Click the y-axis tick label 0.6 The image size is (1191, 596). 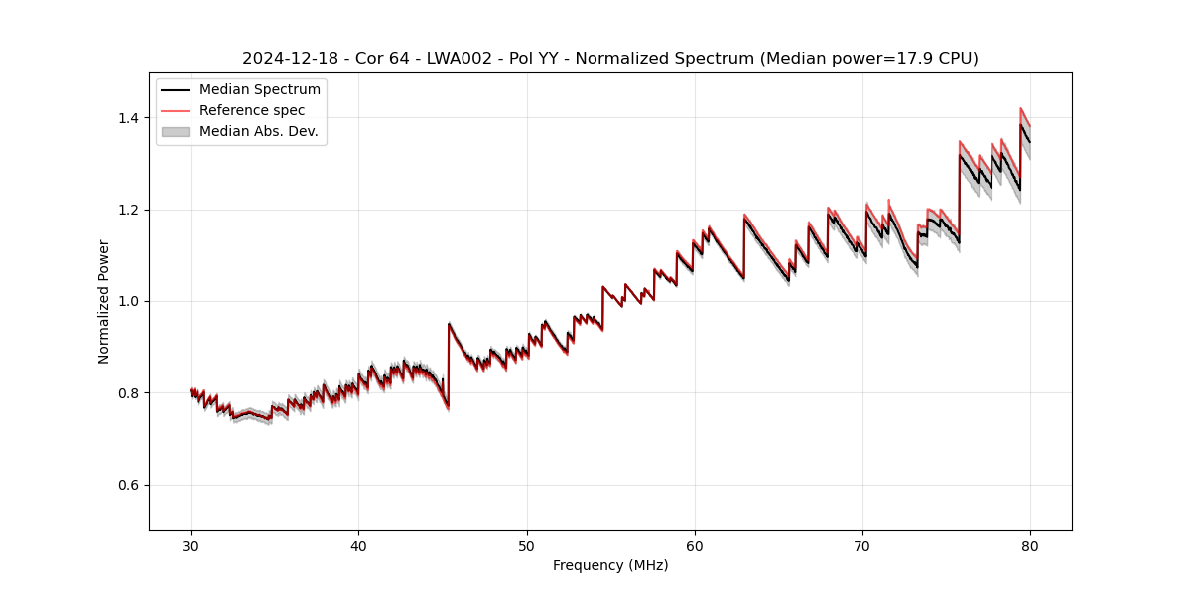coord(129,485)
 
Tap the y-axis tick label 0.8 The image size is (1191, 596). coord(129,393)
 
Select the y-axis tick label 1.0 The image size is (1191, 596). coord(129,301)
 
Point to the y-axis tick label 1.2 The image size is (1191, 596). coord(129,210)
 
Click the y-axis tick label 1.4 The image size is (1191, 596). coord(129,118)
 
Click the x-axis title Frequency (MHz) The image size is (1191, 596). coord(610,565)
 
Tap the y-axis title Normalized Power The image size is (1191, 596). coord(104,301)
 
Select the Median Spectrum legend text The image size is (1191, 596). coord(260,90)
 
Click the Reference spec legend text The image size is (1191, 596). coord(252,110)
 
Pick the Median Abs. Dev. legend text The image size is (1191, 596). coord(259,131)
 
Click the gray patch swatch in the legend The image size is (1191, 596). coord(175,131)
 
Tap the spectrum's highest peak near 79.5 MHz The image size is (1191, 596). coord(1021,109)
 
